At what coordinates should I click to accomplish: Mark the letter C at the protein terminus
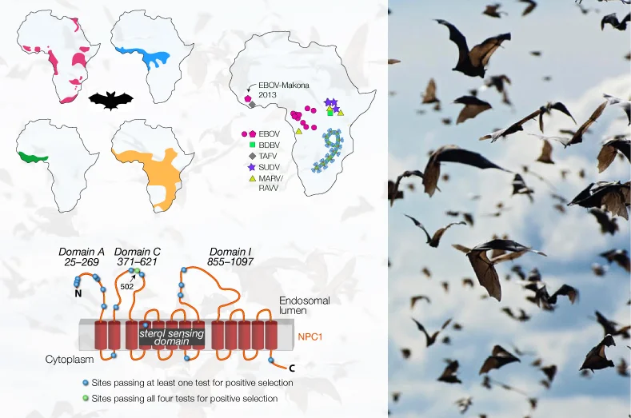click(291, 368)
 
